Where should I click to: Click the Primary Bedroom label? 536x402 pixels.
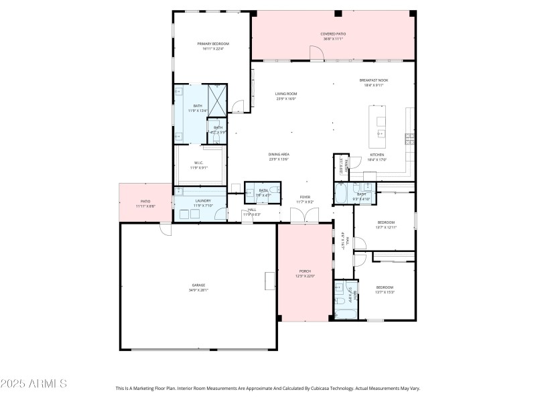point(212,44)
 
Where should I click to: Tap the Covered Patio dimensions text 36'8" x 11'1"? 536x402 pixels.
point(333,38)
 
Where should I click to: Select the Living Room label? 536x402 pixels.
point(286,94)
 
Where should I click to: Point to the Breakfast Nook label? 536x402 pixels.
point(373,80)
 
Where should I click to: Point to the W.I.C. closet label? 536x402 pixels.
point(199,162)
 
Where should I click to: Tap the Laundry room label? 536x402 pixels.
point(203,200)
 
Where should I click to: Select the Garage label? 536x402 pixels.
point(199,285)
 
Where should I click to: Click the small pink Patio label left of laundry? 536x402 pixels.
point(145,201)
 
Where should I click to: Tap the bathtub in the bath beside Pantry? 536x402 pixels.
point(342,198)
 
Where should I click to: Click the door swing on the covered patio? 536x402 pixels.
point(314,53)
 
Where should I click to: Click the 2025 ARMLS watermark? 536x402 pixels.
point(33,384)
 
